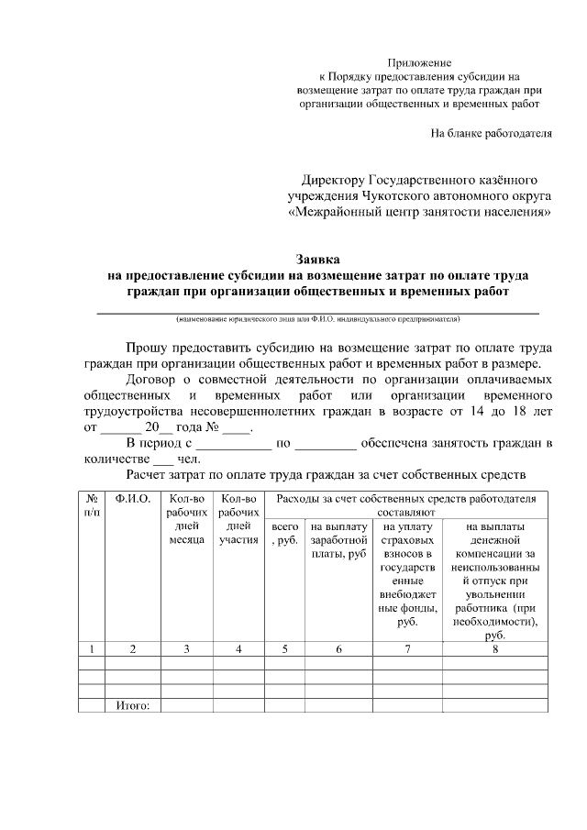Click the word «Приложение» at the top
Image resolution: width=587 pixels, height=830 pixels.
(420, 61)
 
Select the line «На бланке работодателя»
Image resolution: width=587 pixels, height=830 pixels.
(492, 133)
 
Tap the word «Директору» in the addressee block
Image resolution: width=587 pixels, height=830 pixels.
(334, 180)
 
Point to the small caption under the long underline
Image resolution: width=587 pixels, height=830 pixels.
(318, 320)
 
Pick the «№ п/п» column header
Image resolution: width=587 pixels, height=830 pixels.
(92, 505)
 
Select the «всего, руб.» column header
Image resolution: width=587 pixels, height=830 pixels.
(285, 535)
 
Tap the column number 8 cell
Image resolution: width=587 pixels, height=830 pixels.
(495, 649)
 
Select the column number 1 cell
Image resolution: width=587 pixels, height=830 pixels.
(92, 649)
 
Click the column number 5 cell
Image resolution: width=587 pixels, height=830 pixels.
(285, 649)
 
